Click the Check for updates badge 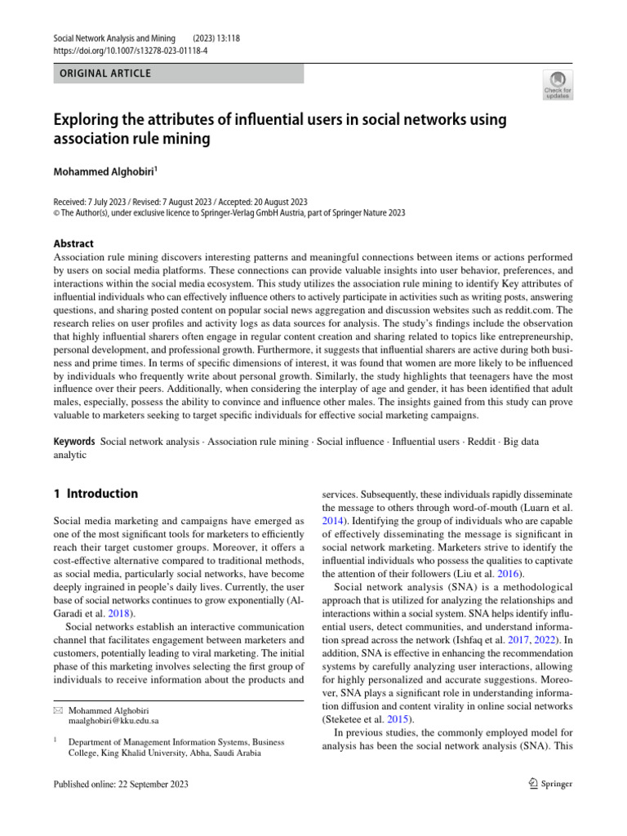click(x=558, y=85)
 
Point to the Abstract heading click(x=73, y=243)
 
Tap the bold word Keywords click(x=74, y=442)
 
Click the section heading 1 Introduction click(x=96, y=494)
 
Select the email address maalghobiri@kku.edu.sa click(x=114, y=721)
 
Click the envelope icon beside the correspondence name click(x=57, y=710)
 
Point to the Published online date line click(x=121, y=785)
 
